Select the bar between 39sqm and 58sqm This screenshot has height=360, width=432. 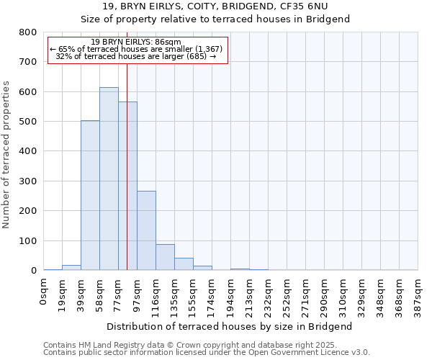pyautogui.click(x=90, y=195)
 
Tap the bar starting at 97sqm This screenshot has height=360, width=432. pyautogui.click(x=146, y=230)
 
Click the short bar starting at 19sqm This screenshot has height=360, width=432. pyautogui.click(x=71, y=268)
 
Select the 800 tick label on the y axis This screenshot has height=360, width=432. pyautogui.click(x=28, y=32)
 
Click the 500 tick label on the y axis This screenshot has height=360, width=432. pyautogui.click(x=28, y=122)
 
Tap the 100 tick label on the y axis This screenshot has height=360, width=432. pyautogui.click(x=28, y=240)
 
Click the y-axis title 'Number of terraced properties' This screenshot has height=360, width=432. pyautogui.click(x=6, y=155)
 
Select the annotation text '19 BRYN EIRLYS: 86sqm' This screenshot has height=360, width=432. pyautogui.click(x=137, y=42)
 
